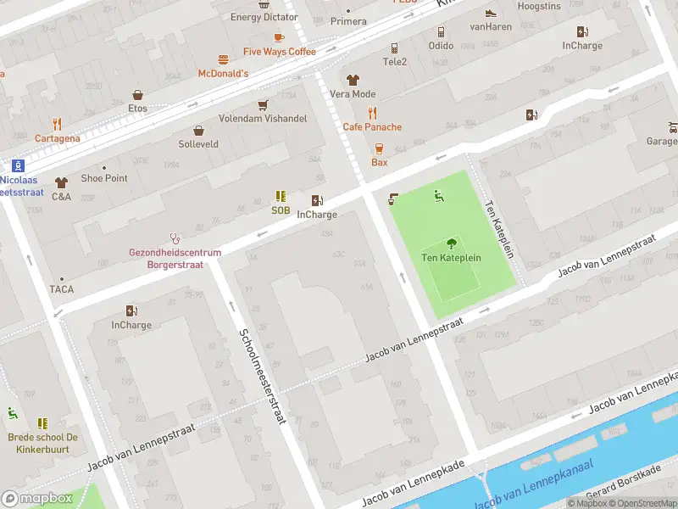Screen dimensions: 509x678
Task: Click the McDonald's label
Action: pyautogui.click(x=223, y=74)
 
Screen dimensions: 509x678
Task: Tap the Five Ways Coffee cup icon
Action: pyautogui.click(x=279, y=37)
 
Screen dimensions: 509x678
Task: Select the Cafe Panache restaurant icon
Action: pyautogui.click(x=372, y=113)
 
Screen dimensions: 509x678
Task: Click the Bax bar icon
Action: pyautogui.click(x=379, y=148)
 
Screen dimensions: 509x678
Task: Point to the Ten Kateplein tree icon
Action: pyautogui.click(x=451, y=243)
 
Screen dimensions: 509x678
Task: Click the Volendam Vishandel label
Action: pyautogui.click(x=263, y=119)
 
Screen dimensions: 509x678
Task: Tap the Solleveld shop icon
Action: pyautogui.click(x=198, y=131)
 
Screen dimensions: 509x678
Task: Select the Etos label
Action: pyautogui.click(x=137, y=109)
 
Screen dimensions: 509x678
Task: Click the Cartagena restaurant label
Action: pyautogui.click(x=58, y=138)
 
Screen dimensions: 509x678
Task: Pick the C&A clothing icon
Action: pyautogui.click(x=61, y=182)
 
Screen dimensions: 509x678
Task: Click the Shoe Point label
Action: pyautogui.click(x=104, y=178)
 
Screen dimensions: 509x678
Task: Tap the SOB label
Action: pyautogui.click(x=281, y=210)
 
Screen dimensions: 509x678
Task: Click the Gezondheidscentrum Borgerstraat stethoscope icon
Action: pyautogui.click(x=175, y=238)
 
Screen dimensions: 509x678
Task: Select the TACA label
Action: pyautogui.click(x=61, y=289)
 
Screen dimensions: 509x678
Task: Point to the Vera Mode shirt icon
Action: pyautogui.click(x=353, y=80)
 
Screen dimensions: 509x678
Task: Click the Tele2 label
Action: pyautogui.click(x=395, y=62)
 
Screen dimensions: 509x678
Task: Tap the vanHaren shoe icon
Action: pyautogui.click(x=490, y=13)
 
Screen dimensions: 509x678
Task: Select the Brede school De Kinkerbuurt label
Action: pyautogui.click(x=42, y=443)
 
